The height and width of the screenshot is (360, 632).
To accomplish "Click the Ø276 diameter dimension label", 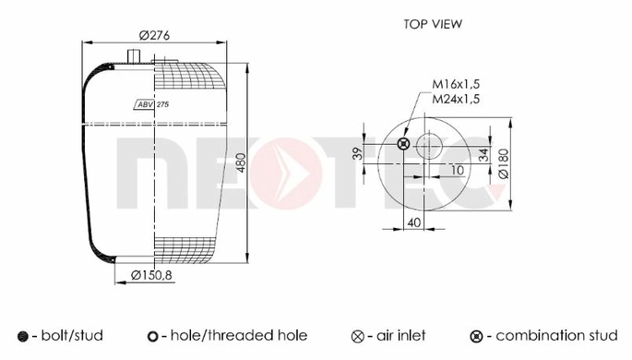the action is [154, 35].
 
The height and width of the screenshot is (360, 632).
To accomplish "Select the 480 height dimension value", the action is [241, 162].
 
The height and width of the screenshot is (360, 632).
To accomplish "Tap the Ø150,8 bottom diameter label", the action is [151, 275].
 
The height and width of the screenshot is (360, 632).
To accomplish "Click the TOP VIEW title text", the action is [433, 24].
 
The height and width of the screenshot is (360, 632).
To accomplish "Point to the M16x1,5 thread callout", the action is [456, 84].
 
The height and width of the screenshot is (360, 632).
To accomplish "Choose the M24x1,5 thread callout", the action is [456, 99].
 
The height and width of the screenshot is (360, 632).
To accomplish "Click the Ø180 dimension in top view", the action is [504, 163].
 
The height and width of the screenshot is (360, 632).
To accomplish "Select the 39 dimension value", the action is [358, 153].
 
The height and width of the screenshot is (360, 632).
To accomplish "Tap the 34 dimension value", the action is [483, 154].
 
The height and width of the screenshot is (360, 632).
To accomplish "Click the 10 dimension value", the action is [457, 170].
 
